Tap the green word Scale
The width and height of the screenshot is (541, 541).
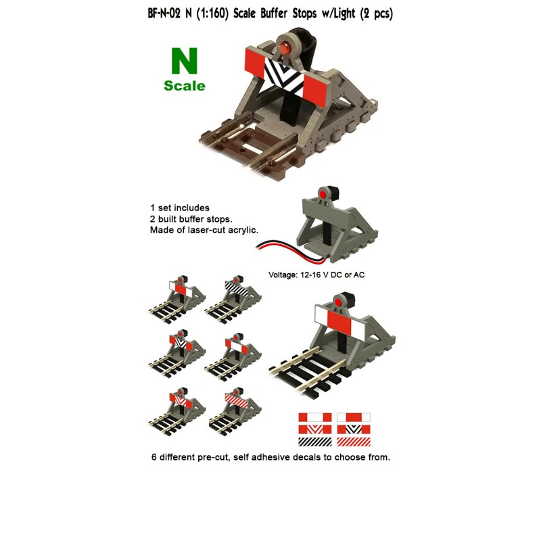tap(184, 86)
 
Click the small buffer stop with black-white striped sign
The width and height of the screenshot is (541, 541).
tap(237, 289)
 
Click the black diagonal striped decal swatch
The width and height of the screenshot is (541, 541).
tap(315, 442)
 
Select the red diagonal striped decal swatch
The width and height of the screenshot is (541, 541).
tap(354, 442)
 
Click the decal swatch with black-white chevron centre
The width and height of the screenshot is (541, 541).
tap(354, 429)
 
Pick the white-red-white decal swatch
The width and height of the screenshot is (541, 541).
tap(354, 417)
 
